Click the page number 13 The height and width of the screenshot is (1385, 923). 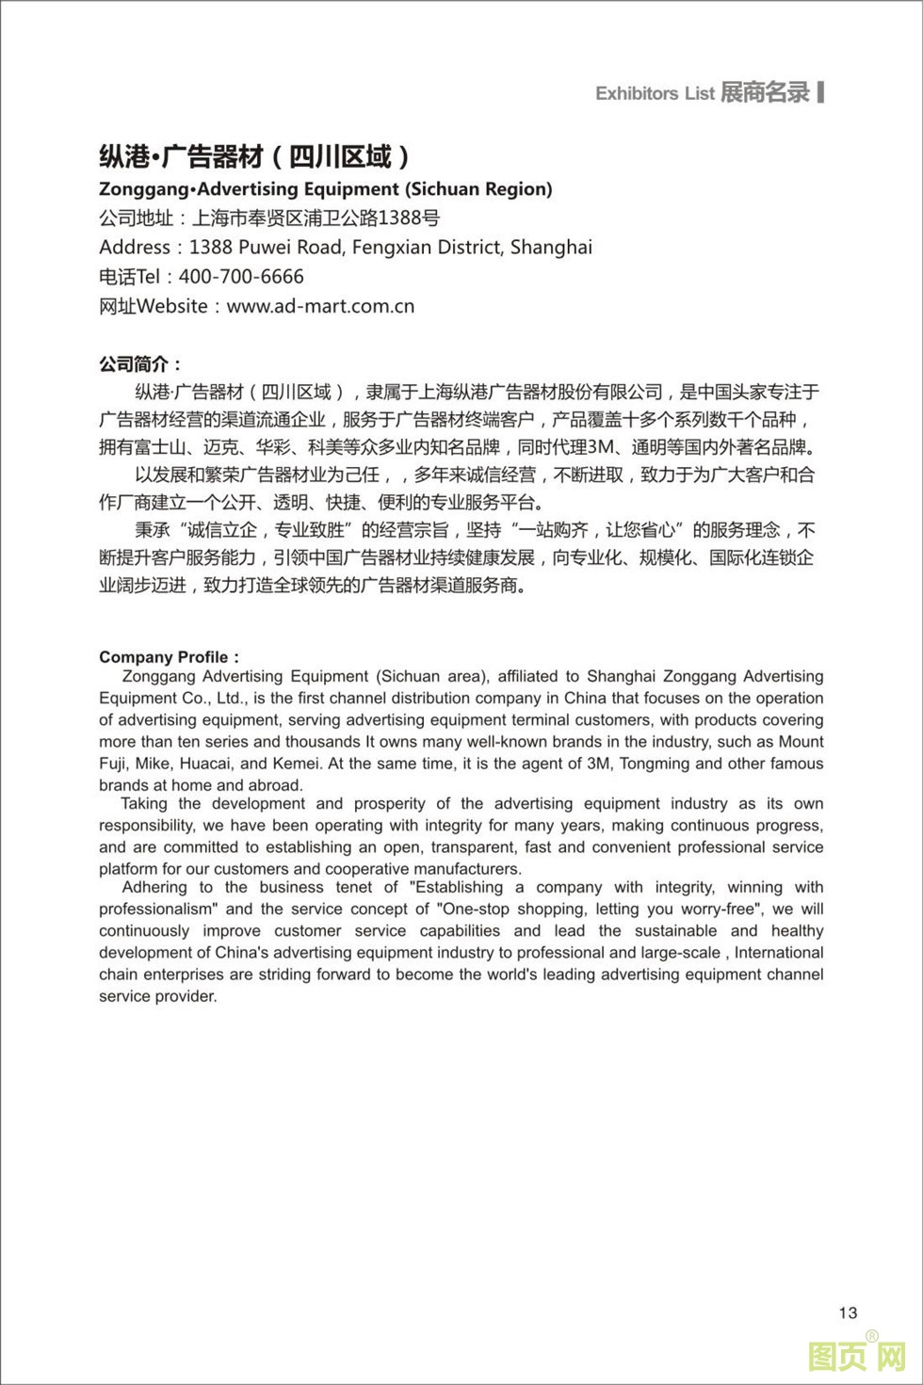click(x=848, y=1313)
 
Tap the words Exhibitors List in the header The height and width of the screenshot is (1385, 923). click(x=655, y=93)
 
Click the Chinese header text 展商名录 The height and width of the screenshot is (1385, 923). click(x=765, y=92)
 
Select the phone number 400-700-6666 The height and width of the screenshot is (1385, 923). click(x=241, y=277)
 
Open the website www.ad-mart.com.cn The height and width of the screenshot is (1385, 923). click(x=320, y=306)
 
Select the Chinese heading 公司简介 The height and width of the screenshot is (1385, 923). click(x=139, y=364)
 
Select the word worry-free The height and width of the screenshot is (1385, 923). click(x=722, y=909)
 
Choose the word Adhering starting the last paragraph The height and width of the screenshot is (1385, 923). click(x=154, y=887)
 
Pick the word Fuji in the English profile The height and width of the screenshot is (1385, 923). click(x=115, y=764)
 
